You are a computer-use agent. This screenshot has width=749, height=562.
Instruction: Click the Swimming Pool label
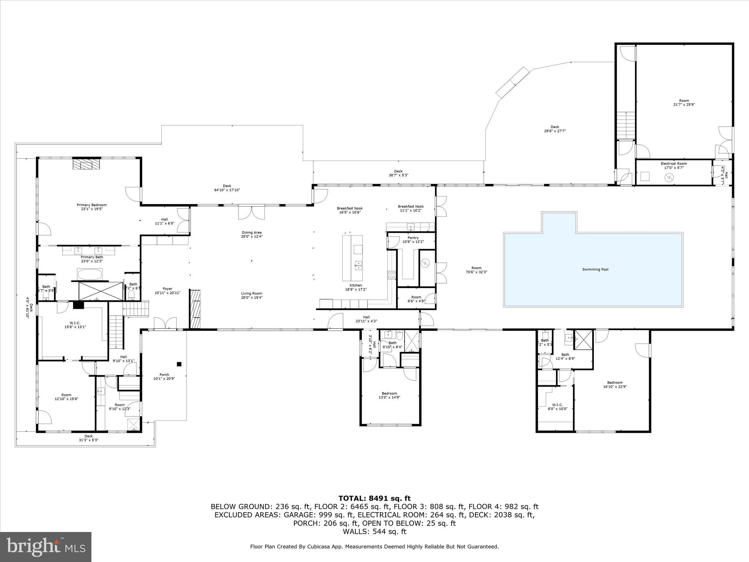595,270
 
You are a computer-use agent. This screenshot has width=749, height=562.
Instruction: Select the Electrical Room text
674,164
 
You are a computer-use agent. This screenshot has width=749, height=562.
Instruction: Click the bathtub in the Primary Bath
90,274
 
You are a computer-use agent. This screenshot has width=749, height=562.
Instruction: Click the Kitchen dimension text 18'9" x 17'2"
356,289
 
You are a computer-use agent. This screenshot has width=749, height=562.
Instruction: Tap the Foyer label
168,289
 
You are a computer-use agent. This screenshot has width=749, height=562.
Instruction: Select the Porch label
164,374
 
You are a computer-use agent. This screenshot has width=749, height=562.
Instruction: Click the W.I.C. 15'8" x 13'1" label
75,323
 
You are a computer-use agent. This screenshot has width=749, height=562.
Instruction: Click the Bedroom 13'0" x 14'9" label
389,393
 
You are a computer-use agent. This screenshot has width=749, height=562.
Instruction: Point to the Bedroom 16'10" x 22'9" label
615,383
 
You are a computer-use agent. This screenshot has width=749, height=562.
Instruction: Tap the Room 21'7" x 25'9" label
684,101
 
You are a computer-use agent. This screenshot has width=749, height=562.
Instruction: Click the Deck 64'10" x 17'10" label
227,186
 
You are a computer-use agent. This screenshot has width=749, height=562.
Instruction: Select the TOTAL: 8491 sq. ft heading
374,498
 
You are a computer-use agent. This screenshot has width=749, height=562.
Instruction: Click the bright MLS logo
46,547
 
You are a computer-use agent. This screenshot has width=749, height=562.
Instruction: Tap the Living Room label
251,293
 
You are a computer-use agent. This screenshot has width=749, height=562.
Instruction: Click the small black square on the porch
179,364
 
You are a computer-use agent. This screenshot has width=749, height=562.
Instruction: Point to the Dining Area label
251,232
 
